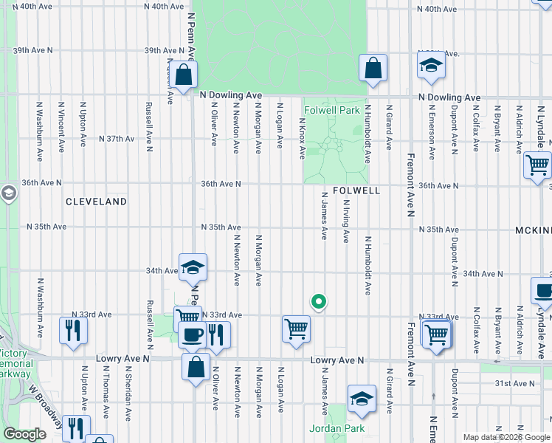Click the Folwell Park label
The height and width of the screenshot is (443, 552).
[x=328, y=111]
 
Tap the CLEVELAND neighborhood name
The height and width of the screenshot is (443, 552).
[x=96, y=201]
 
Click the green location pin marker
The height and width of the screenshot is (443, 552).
[x=319, y=301]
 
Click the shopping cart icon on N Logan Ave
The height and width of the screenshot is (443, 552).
[x=296, y=329]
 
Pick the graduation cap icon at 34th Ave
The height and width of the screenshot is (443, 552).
[x=193, y=267]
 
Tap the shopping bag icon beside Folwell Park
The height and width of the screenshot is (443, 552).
[x=373, y=68]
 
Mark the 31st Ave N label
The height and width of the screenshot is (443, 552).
[x=514, y=383]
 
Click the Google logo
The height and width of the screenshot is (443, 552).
[x=24, y=435]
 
